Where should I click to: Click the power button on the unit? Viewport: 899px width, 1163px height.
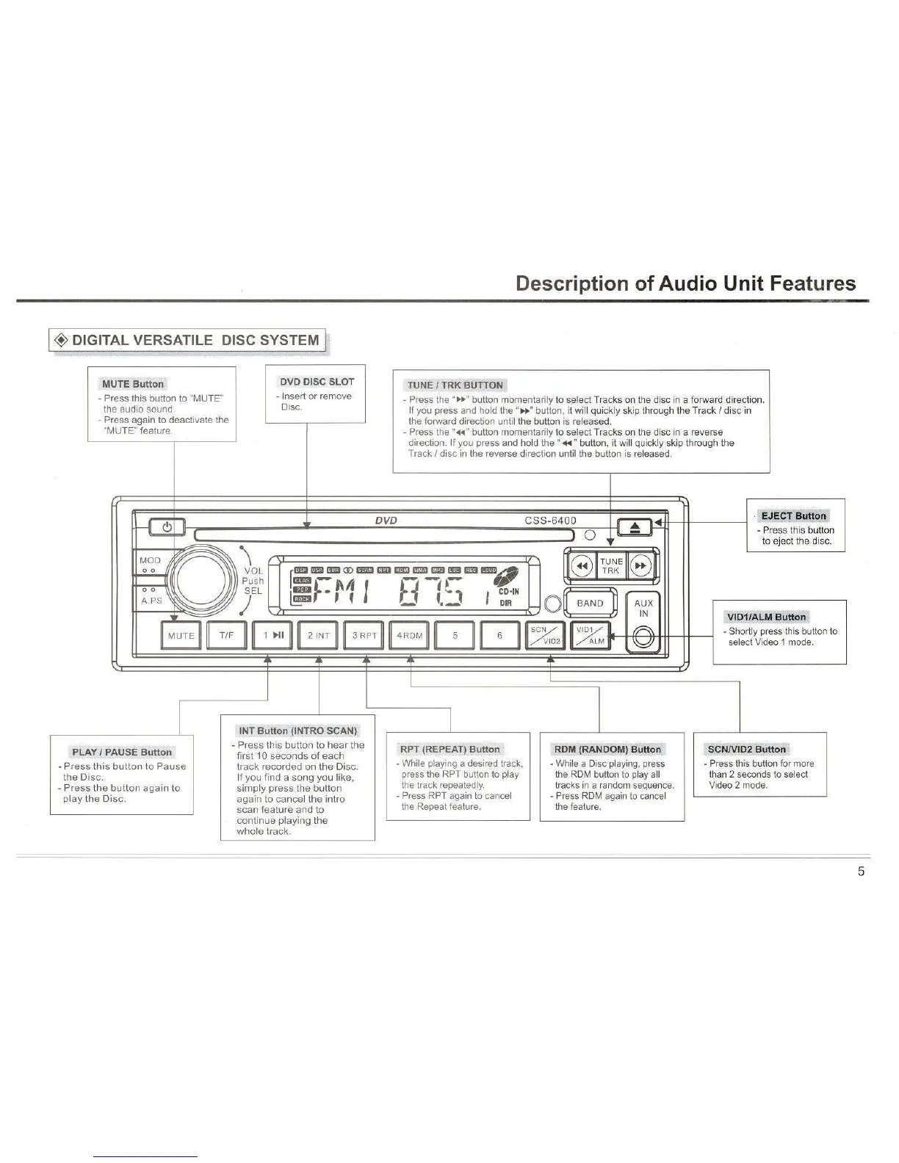pos(167,527)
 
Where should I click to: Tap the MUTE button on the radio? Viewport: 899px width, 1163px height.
pos(181,636)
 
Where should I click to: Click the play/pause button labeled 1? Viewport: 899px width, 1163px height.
pos(272,636)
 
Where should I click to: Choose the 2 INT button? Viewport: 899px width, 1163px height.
pos(318,636)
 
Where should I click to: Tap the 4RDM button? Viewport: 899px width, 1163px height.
pos(410,636)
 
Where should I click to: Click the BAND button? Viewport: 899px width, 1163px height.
pos(590,603)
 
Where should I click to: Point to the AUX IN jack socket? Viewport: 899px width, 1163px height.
pos(643,637)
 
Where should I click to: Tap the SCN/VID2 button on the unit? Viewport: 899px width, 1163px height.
pos(546,636)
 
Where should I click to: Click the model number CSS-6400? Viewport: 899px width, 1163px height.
pos(555,521)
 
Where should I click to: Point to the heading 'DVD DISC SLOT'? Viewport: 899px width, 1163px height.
pos(316,382)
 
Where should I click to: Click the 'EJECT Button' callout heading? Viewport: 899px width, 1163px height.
pos(793,515)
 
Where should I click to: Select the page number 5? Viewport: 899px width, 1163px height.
pos(861,872)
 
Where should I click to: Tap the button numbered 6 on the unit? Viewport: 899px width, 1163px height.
pos(499,636)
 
